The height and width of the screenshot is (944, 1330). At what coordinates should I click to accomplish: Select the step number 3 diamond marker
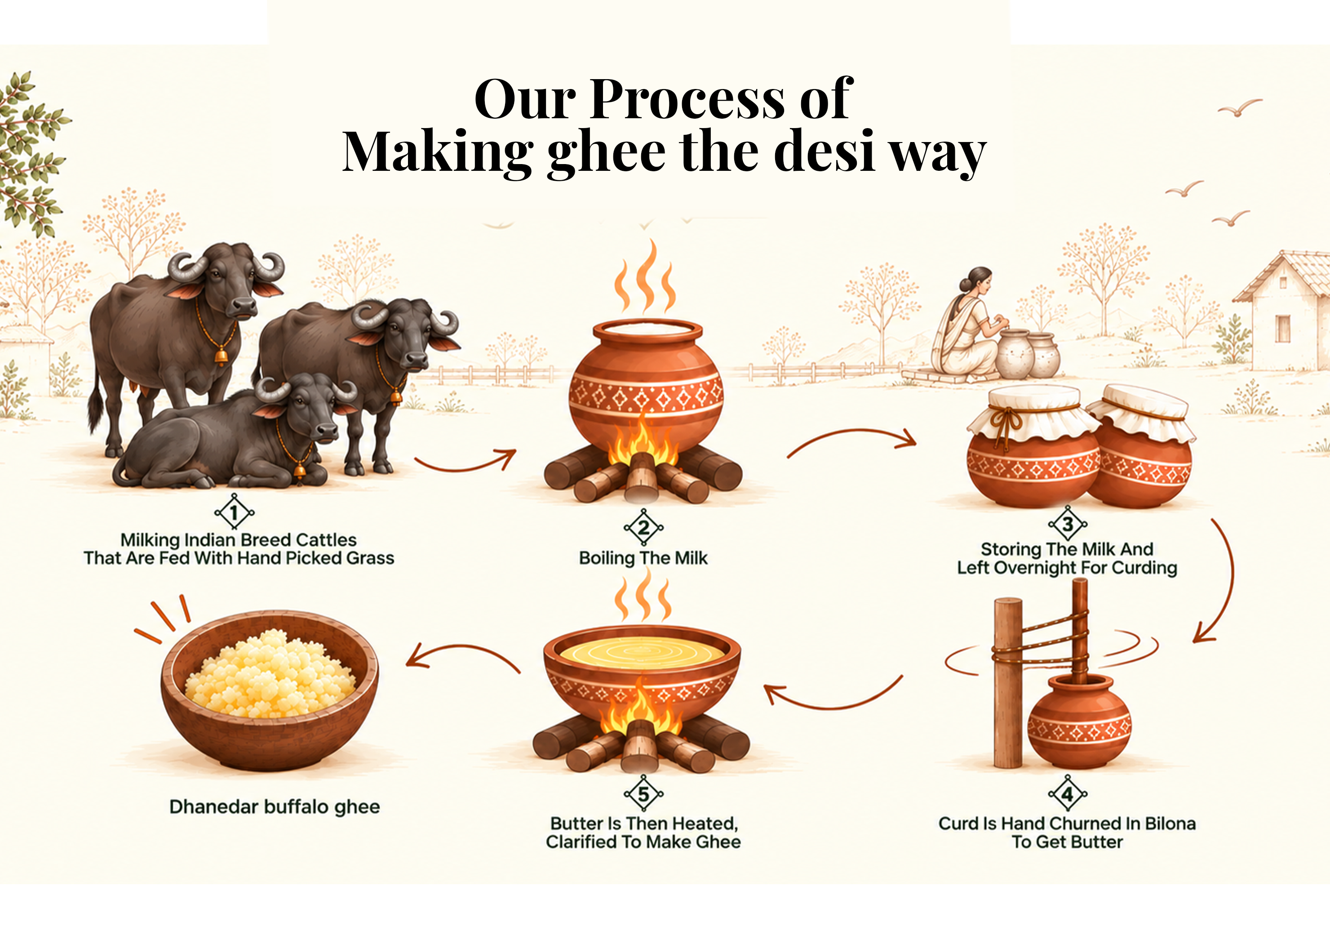(1068, 524)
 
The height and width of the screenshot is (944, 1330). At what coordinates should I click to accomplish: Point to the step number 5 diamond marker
(643, 793)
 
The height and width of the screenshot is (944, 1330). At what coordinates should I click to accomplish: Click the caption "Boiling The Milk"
(643, 558)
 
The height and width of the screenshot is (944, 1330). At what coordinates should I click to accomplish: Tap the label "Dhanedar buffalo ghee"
(274, 807)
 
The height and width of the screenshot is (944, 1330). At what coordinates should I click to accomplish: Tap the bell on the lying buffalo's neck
(300, 469)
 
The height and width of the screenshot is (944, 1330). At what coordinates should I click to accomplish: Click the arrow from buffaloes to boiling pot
(465, 462)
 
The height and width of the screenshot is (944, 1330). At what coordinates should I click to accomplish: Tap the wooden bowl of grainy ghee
(270, 690)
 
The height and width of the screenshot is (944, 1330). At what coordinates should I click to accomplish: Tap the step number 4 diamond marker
(1068, 793)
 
